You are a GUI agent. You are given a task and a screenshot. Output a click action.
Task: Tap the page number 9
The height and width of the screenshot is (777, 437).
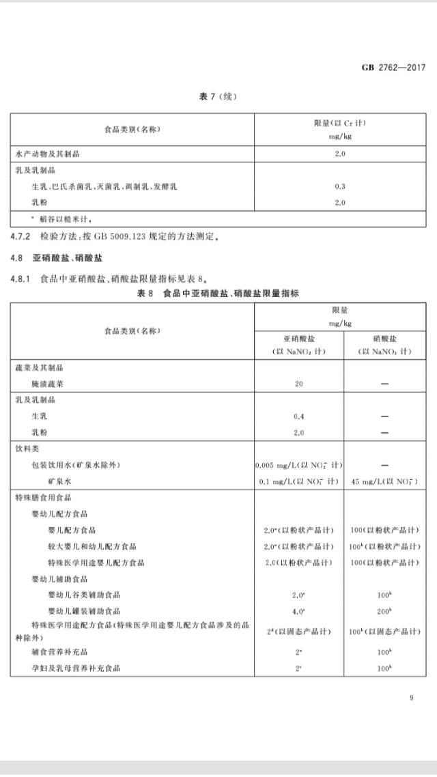coord(412,697)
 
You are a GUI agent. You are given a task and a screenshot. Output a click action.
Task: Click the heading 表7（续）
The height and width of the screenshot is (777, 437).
coord(218,96)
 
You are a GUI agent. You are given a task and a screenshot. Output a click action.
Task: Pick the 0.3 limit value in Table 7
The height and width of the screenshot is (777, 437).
coord(341,186)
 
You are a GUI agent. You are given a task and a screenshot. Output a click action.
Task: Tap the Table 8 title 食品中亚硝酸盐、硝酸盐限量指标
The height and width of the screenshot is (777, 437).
coord(231,293)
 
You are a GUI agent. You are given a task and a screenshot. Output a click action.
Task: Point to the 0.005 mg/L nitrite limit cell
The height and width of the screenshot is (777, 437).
coord(298,465)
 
